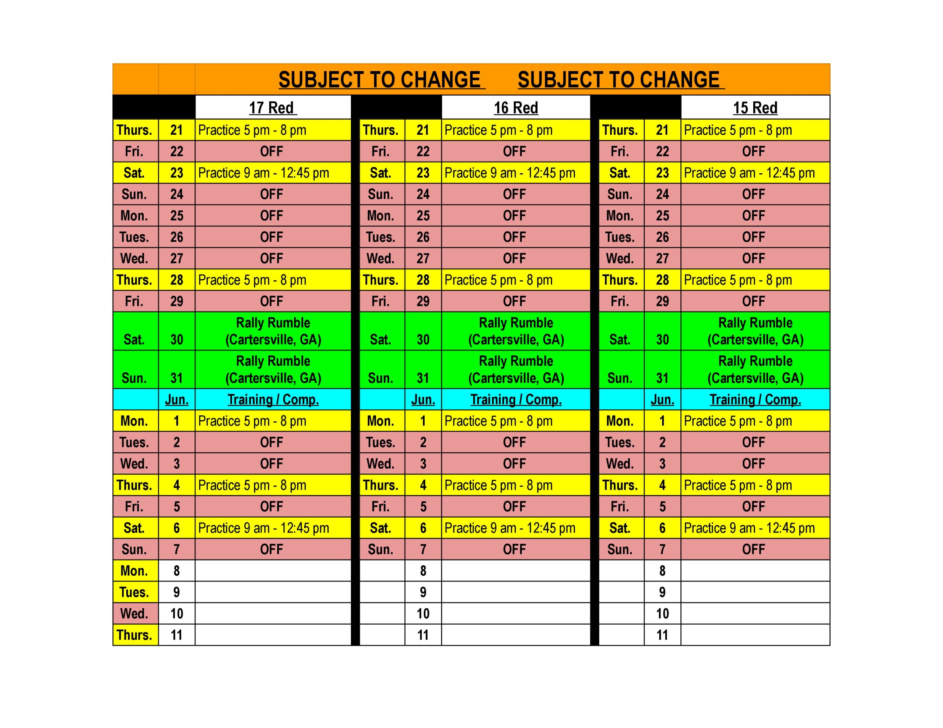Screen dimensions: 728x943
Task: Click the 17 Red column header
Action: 273,107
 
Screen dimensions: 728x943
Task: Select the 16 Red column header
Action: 516,107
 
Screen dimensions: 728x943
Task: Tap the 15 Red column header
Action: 755,107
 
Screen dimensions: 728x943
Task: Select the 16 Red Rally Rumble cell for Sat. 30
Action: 516,331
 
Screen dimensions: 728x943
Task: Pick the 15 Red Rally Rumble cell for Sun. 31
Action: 755,370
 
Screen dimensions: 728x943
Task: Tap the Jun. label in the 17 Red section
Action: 176,400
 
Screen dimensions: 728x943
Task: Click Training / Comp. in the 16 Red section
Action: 516,400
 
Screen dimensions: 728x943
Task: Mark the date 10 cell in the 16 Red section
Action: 423,613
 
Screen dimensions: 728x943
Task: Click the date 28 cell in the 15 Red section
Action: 662,280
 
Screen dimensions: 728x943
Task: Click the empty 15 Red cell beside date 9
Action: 755,592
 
